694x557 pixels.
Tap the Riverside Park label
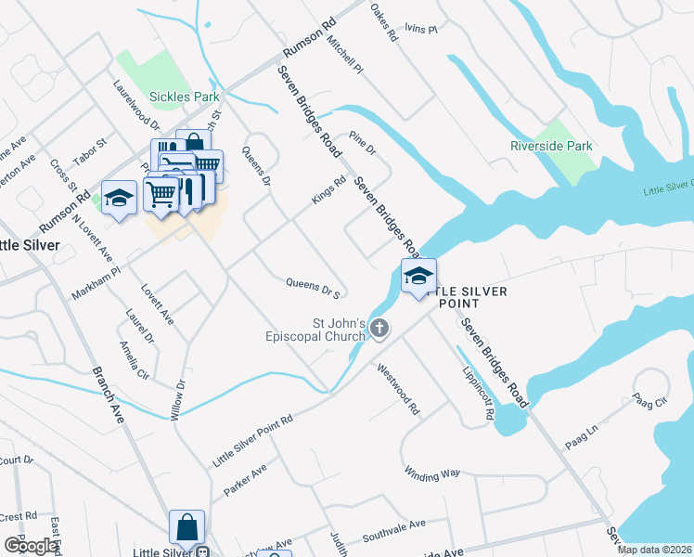pyautogui.click(x=551, y=146)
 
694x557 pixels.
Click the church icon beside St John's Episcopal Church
pyautogui.click(x=379, y=328)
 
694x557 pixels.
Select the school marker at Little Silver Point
pyautogui.click(x=418, y=277)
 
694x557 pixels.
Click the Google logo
pyautogui.click(x=32, y=546)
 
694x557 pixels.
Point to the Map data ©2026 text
pyautogui.click(x=654, y=550)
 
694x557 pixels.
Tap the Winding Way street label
pyautogui.click(x=432, y=473)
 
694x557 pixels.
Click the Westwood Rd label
pyautogui.click(x=399, y=389)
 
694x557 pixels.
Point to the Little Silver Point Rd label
pyautogui.click(x=252, y=439)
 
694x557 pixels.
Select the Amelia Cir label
pyautogui.click(x=134, y=360)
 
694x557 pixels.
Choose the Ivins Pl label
pyautogui.click(x=420, y=30)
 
